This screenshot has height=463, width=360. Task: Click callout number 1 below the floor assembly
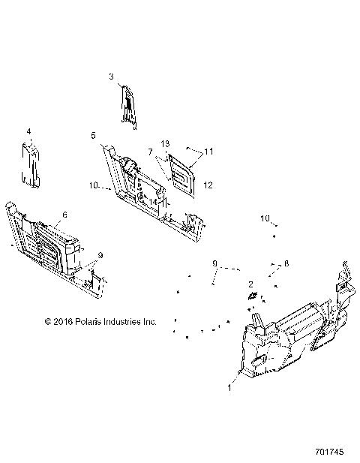point(229,388)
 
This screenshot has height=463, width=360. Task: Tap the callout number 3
point(111,76)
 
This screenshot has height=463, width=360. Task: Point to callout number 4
point(28,131)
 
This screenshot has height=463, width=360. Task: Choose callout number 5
point(93,135)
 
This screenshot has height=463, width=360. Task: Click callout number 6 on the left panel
point(64,214)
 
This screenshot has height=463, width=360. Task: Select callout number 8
point(286,264)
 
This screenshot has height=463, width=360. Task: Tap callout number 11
point(209,152)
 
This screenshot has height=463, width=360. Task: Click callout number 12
point(208,185)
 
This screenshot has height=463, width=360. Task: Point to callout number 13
point(166,143)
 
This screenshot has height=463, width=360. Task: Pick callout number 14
point(153,201)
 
